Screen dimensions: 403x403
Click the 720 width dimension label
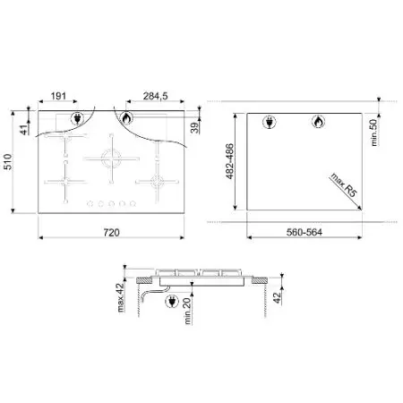(x=111, y=232)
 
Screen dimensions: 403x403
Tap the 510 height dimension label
(x=7, y=162)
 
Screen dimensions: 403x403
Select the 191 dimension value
(x=58, y=96)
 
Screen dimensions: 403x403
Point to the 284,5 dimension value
(x=155, y=96)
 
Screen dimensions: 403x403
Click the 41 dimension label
(x=25, y=129)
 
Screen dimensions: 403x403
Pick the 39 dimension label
(x=194, y=128)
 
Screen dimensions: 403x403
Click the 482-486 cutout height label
(x=229, y=161)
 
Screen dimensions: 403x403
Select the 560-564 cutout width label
(x=304, y=232)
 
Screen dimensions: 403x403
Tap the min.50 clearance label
(x=373, y=133)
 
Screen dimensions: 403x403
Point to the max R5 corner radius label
(x=344, y=184)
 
